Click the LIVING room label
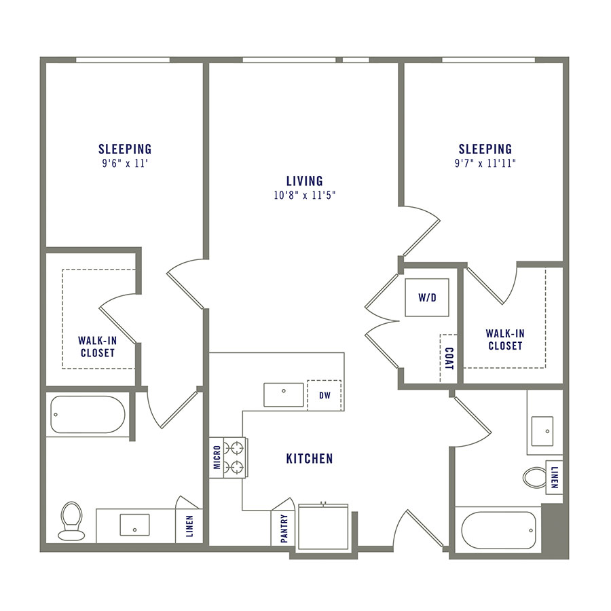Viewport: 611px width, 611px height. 304,181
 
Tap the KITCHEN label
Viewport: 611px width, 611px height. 310,459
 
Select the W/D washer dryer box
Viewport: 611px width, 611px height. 427,297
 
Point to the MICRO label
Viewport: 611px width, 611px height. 217,457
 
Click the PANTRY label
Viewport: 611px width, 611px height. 284,527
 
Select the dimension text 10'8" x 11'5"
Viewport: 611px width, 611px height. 304,196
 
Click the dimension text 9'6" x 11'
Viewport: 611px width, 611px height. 125,163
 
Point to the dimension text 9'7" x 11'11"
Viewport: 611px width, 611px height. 485,163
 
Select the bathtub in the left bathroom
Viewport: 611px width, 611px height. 88,414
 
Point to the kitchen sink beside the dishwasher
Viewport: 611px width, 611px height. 284,394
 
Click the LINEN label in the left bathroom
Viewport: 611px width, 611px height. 189,526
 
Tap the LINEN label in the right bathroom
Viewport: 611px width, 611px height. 555,476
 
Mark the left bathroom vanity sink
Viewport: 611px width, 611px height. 134,525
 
